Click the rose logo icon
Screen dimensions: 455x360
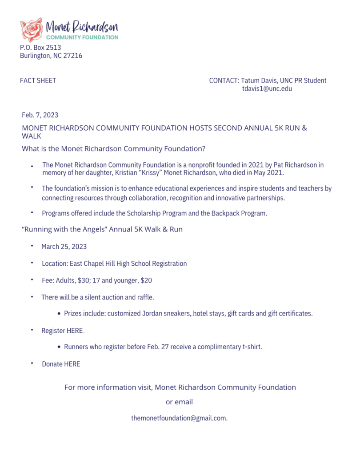[x=32, y=30]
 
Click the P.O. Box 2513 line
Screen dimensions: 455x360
[x=40, y=48]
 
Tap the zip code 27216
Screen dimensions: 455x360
[x=73, y=56]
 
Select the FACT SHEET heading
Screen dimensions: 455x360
[x=38, y=80]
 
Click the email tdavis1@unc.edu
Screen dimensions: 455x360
[x=267, y=88]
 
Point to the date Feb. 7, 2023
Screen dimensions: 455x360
[x=40, y=115]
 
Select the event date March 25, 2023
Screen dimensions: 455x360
[x=64, y=247]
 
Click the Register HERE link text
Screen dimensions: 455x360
[x=62, y=331]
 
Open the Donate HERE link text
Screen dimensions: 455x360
[x=61, y=364]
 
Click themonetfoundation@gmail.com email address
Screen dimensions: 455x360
[x=179, y=418]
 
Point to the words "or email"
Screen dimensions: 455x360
[x=179, y=402]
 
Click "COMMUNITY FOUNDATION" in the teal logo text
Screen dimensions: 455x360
[x=82, y=37]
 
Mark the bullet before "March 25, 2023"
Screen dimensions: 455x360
[x=32, y=246]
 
